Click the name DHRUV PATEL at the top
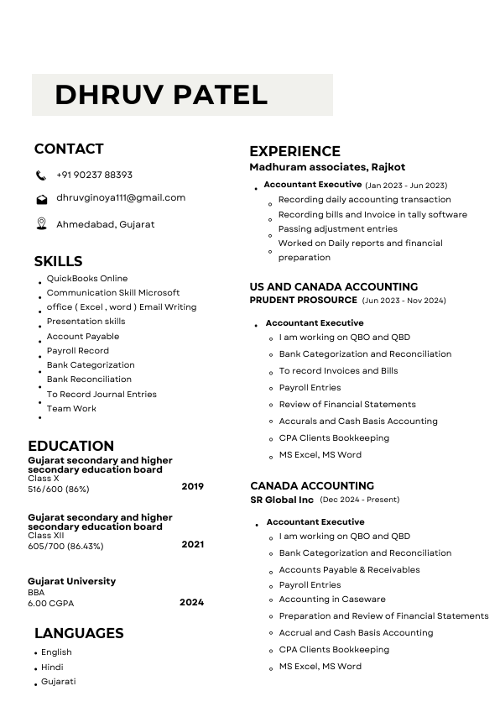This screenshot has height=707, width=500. [161, 94]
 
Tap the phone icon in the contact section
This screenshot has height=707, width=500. [41, 175]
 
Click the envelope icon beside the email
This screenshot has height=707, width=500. [41, 199]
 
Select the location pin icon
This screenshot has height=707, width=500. [41, 223]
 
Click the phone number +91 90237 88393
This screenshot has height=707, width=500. [94, 175]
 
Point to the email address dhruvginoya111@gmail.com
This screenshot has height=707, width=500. [121, 197]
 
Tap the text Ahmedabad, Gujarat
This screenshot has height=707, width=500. [105, 224]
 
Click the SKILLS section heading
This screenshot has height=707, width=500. [58, 260]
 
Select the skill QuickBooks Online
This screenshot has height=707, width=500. [87, 278]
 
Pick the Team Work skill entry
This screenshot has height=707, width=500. [71, 408]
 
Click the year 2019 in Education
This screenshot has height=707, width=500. [192, 486]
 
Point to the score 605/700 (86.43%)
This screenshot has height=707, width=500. [65, 546]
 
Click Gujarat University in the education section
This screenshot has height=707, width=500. [72, 581]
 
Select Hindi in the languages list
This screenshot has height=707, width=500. [52, 667]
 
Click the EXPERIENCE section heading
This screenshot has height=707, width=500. [294, 151]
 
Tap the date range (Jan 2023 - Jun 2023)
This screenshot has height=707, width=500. [406, 185]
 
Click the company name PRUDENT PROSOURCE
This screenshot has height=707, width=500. [303, 300]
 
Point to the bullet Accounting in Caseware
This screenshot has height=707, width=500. [332, 599]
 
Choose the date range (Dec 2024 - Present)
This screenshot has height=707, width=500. [359, 500]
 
